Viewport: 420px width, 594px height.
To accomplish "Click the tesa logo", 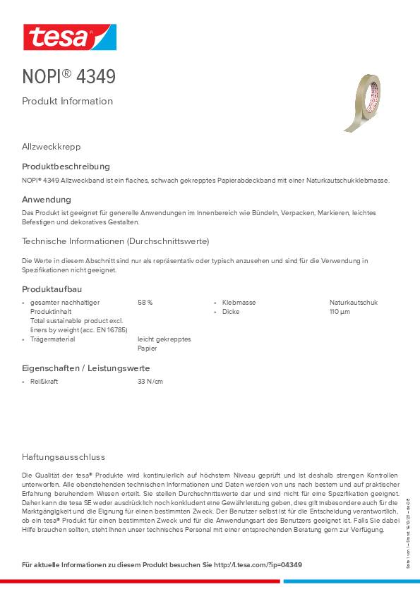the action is tap(69, 37).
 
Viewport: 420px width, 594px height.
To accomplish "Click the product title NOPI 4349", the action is tap(68, 76).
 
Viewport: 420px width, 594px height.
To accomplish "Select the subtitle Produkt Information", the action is tap(67, 101).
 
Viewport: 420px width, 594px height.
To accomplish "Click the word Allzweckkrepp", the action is tap(52, 147).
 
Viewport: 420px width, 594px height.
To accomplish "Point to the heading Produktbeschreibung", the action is tap(66, 166).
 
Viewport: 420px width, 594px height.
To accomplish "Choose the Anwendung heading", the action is tap(47, 200).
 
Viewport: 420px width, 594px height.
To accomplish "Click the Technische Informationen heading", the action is tap(115, 241).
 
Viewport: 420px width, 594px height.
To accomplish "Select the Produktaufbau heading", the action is tap(52, 289).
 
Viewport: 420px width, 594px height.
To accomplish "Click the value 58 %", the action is tap(145, 302).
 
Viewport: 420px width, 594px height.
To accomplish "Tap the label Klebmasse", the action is tap(239, 302).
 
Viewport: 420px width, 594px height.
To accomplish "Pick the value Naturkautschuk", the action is tap(354, 302).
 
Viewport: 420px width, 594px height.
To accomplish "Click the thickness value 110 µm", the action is tap(340, 311).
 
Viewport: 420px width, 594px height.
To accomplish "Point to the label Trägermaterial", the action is tap(52, 339).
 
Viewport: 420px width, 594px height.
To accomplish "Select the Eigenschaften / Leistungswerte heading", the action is tap(86, 368).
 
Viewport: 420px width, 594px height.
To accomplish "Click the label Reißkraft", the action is tap(44, 382).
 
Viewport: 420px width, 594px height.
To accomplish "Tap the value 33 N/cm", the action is tap(150, 382).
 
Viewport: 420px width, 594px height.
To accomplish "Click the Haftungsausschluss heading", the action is tap(64, 456).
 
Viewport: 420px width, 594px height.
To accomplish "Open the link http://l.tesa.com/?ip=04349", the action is tap(258, 565).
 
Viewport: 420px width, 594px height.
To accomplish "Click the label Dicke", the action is tap(231, 311).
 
